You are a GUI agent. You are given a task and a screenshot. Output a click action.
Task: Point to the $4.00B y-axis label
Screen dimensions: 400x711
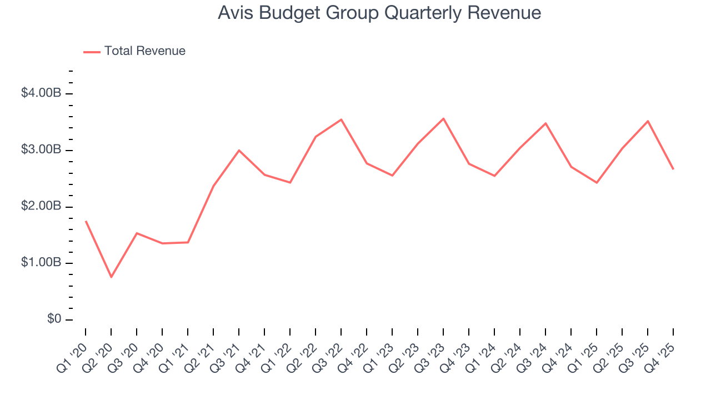coord(41,93)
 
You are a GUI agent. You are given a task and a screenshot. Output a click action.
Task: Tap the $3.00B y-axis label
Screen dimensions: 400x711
coord(41,150)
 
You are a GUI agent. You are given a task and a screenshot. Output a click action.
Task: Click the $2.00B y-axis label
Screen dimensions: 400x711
coord(41,207)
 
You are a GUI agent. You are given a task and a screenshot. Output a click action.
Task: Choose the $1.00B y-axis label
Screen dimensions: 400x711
coord(41,263)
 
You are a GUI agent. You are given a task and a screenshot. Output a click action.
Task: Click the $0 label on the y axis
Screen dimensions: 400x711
coord(53,319)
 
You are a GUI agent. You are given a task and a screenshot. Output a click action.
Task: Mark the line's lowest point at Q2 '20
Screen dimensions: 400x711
coord(111,277)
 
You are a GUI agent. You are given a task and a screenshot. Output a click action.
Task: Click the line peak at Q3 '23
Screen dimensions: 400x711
coord(443,118)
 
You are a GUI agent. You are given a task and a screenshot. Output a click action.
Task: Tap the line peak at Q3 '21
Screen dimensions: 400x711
coord(239,150)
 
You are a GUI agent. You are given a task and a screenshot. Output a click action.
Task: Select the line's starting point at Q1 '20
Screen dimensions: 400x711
coord(86,221)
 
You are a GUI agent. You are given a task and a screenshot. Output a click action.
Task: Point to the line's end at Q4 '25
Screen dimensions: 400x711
coord(673,169)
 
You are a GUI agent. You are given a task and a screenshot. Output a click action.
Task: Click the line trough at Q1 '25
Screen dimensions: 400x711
coord(597,182)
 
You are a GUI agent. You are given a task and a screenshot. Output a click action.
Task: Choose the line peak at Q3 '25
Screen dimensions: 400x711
coord(648,121)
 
